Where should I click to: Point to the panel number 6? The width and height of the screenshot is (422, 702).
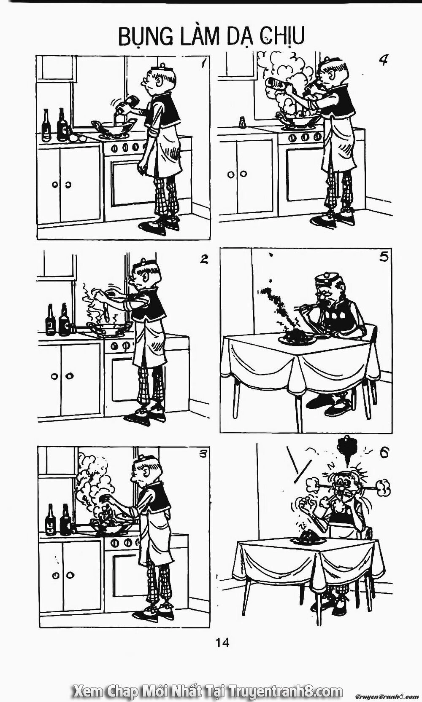(x=383, y=453)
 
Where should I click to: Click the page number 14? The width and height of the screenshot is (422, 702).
(x=222, y=654)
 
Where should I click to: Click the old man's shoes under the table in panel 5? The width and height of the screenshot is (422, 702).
(x=327, y=406)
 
